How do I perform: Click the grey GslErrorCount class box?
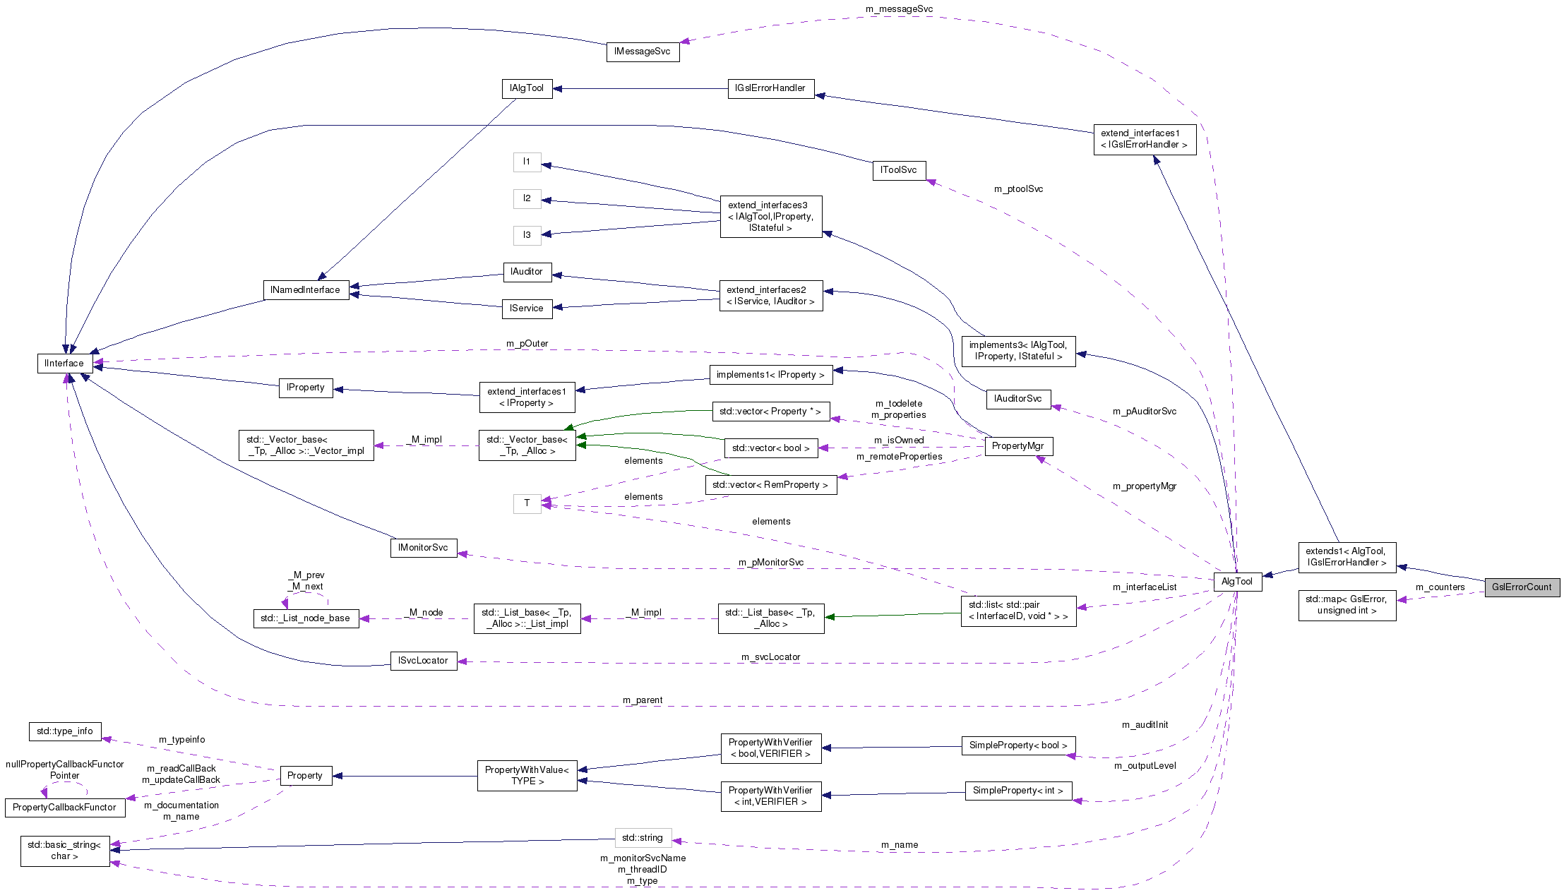click(1522, 587)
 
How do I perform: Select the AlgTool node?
click(1237, 582)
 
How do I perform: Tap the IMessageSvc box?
click(643, 52)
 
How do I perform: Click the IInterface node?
click(64, 364)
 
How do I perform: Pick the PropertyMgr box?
click(1017, 446)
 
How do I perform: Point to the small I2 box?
click(527, 198)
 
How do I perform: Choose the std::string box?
click(643, 838)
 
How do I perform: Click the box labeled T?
click(527, 503)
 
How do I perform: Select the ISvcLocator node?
click(423, 661)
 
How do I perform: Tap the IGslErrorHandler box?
click(770, 88)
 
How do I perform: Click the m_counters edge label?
click(1440, 587)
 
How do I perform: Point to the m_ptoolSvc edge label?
click(1018, 189)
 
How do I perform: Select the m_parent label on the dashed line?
click(643, 700)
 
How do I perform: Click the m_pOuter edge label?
click(527, 344)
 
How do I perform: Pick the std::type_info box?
click(64, 731)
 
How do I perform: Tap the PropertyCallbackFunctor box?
click(64, 808)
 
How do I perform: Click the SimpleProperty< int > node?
click(1017, 791)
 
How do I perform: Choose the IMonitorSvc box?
click(423, 548)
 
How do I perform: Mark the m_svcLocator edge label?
click(770, 657)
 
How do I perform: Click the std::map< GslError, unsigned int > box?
click(1347, 605)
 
